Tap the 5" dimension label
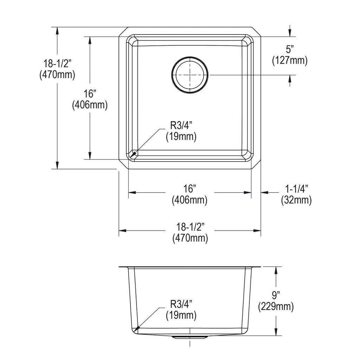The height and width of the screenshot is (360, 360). pyautogui.click(x=290, y=49)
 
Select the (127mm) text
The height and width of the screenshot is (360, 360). pyautogui.click(x=290, y=60)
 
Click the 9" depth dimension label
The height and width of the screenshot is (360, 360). pyautogui.click(x=276, y=295)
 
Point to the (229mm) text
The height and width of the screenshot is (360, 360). pyautogui.click(x=276, y=307)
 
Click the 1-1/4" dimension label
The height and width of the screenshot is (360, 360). pyautogui.click(x=296, y=189)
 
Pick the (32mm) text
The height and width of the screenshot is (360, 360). pyautogui.click(x=296, y=200)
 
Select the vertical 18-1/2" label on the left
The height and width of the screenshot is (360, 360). pyautogui.click(x=57, y=63)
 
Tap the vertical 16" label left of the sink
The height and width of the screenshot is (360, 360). pyautogui.click(x=90, y=94)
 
